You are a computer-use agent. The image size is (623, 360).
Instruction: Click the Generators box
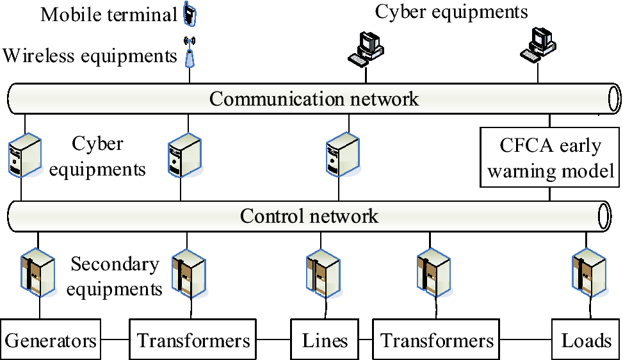[51, 340]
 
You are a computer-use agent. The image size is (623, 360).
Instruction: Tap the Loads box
[586, 340]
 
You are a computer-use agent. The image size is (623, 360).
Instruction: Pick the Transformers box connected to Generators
[193, 340]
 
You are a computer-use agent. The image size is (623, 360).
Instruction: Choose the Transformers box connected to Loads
[437, 340]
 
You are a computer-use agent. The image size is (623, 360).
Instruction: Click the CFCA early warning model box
[550, 158]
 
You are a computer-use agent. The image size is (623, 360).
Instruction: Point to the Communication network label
[314, 99]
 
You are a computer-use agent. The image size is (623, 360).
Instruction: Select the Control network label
[309, 215]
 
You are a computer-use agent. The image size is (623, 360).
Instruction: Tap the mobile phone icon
[189, 13]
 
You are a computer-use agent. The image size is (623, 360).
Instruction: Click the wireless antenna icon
[189, 53]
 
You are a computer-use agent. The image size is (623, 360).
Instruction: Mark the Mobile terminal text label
[108, 14]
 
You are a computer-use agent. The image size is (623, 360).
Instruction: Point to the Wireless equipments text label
[90, 56]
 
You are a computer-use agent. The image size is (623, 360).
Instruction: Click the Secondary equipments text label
[115, 276]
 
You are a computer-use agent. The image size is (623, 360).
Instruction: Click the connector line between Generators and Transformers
[115, 340]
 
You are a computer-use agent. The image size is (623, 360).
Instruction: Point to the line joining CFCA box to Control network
[550, 194]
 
